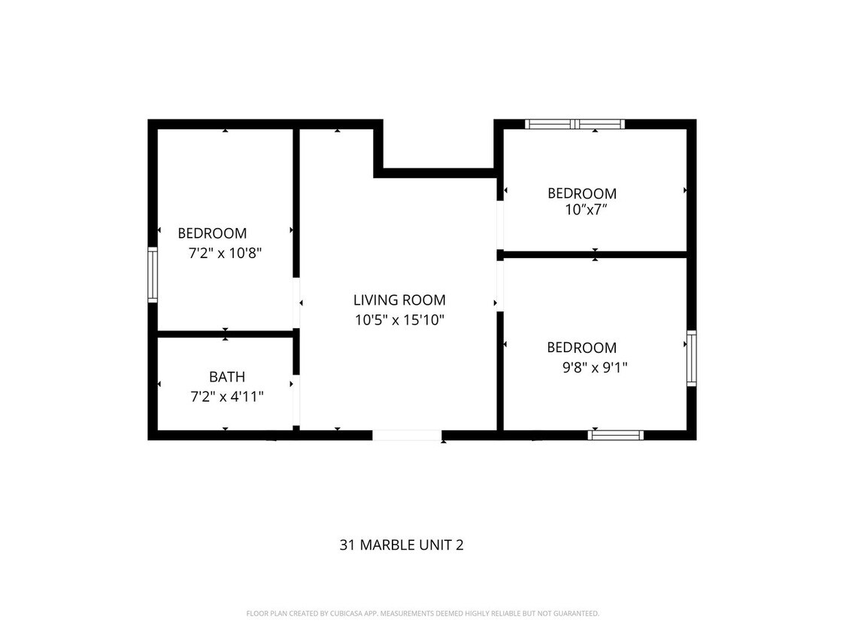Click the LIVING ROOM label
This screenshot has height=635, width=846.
pos(399,300)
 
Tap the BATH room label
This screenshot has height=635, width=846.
pos(226,377)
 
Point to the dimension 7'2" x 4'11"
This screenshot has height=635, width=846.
pos(226,396)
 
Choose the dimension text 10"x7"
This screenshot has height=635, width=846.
pos(586,210)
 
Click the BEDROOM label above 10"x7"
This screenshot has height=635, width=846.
pos(581,193)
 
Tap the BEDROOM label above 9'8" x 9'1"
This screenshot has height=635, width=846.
pos(581,348)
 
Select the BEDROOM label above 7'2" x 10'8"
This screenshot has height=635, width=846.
pos(212,234)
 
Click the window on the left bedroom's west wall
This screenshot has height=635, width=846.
pos(153,275)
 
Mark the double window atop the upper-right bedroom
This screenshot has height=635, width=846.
pos(575,124)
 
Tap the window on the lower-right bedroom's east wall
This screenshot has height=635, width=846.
pos(691,358)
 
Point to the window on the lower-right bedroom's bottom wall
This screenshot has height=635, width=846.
pos(615,435)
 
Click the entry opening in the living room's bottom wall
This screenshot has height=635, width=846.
pos(407,435)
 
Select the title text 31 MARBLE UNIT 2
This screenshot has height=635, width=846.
pos(401,545)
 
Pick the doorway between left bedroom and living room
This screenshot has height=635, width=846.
pos(296,303)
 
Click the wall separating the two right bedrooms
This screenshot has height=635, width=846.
pos(594,254)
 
